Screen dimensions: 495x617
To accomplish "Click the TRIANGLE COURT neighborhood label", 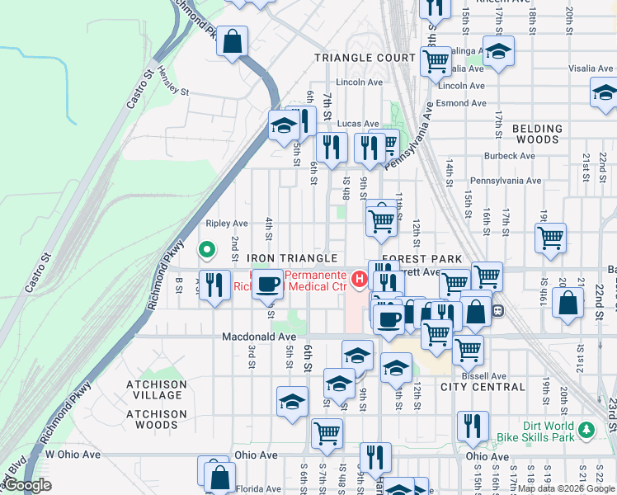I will tap(365, 58).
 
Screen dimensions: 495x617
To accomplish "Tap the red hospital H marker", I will tap(359, 280).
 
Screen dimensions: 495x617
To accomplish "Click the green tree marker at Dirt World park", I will tap(586, 430).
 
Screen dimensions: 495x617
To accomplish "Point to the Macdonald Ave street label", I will tap(258, 337).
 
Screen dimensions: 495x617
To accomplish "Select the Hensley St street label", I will tap(173, 81).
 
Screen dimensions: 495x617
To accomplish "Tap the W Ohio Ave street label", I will tap(73, 455).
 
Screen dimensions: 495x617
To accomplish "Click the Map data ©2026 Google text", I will tap(566, 488).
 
